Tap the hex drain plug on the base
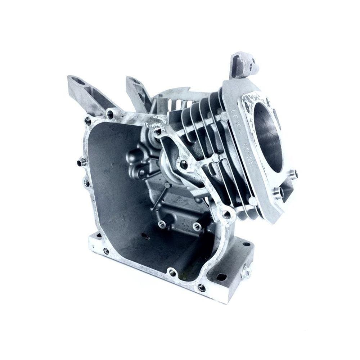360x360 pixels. click(x=247, y=273)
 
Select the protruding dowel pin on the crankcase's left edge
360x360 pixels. click(x=81, y=162)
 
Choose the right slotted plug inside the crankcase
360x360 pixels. click(x=197, y=226)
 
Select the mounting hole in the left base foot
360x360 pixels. click(x=106, y=251)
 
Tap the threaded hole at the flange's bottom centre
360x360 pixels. click(x=172, y=273)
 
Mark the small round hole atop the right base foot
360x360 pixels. click(x=246, y=244)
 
